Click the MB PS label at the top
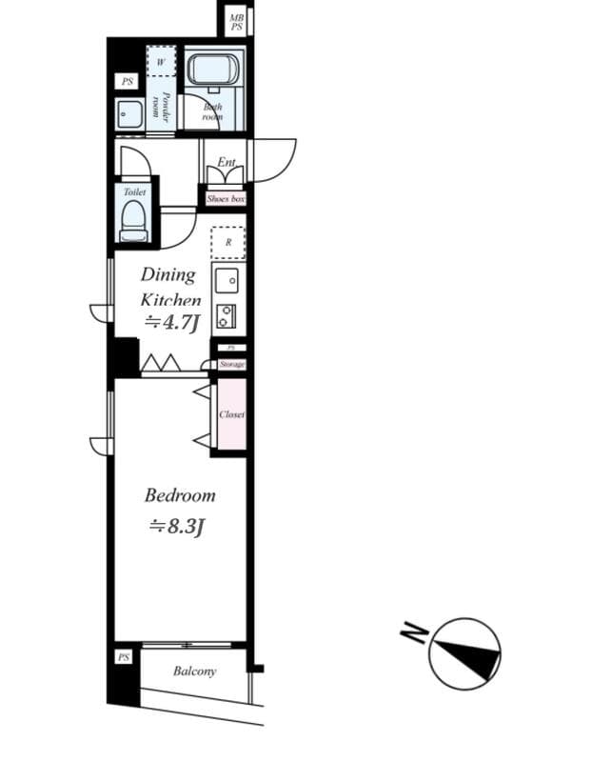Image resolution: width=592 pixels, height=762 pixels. [x=235, y=22]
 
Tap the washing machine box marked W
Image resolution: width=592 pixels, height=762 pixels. [x=161, y=60]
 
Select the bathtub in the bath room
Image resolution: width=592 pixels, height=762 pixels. [x=212, y=70]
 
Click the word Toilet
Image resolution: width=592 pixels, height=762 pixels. [x=134, y=191]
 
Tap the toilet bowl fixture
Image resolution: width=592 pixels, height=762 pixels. [x=133, y=223]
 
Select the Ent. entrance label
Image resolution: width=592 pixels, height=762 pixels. [x=226, y=163]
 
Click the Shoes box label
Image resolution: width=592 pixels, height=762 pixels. [x=226, y=199]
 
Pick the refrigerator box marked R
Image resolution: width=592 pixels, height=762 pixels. [x=227, y=242]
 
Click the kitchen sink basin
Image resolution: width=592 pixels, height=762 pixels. [x=227, y=280]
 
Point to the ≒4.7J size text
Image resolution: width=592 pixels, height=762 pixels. [x=170, y=323]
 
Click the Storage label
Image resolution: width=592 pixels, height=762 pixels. [x=231, y=364]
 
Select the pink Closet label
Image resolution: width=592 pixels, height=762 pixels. [x=231, y=415]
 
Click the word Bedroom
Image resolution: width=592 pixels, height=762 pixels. [x=180, y=495]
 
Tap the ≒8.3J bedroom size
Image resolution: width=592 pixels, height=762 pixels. [x=176, y=525]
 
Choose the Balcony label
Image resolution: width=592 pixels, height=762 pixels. [x=194, y=672]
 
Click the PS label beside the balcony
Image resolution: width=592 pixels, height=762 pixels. [x=124, y=657]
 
